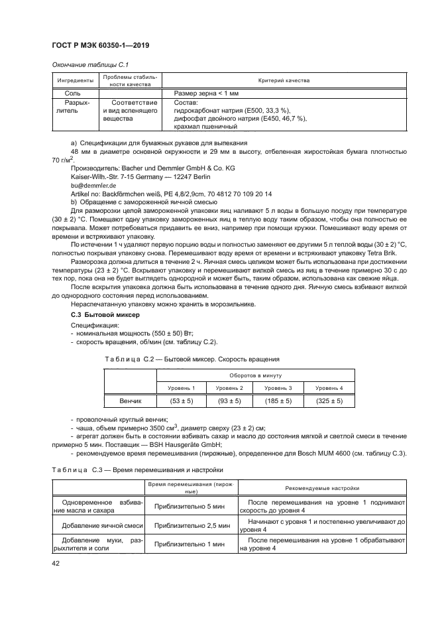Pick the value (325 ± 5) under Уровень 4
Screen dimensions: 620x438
(329, 401)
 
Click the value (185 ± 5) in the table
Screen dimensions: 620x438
(278, 401)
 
